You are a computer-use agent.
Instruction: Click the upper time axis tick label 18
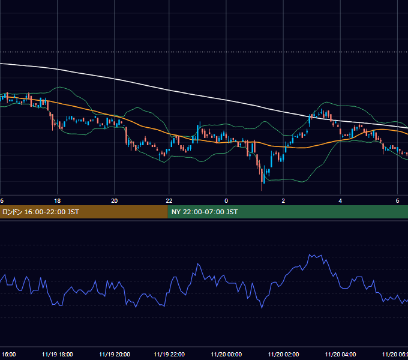57,201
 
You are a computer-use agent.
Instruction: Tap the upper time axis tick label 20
114,201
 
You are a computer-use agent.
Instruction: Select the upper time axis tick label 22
169,201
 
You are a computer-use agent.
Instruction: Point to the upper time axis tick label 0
226,201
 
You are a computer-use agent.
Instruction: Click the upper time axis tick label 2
283,201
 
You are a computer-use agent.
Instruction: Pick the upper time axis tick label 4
340,201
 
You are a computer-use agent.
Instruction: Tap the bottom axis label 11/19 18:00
57,354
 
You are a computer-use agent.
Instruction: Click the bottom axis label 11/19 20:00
115,354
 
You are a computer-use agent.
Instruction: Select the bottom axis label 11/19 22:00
169,354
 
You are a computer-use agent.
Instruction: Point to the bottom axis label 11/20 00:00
226,354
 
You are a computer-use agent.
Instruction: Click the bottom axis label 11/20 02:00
283,354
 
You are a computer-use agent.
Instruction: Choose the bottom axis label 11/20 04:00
340,354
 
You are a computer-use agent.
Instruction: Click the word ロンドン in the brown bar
12,212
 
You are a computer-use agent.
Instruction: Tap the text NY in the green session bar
176,212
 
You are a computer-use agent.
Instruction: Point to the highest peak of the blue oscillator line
310,254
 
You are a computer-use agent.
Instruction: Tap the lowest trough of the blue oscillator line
262,308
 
